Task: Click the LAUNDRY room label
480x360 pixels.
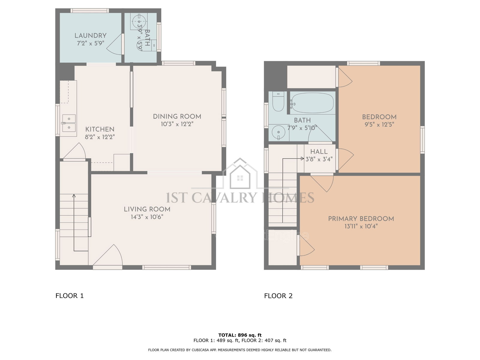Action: click(x=90, y=35)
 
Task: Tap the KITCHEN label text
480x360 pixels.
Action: click(x=100, y=129)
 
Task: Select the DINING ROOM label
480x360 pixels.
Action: click(x=177, y=116)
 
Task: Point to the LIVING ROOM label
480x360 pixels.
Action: click(x=147, y=209)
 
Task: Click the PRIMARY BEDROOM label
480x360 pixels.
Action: click(x=361, y=219)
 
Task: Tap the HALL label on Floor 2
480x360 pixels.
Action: click(x=319, y=151)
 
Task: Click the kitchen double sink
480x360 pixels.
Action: click(x=69, y=123)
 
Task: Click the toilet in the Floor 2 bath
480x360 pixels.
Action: click(x=278, y=101)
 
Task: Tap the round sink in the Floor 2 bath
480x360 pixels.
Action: click(x=279, y=133)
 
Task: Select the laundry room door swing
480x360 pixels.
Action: click(x=114, y=44)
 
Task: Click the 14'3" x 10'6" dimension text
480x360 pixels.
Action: click(x=147, y=217)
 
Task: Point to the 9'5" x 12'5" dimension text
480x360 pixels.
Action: click(x=379, y=124)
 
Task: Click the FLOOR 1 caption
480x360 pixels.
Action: click(x=70, y=296)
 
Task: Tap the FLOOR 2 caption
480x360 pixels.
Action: click(x=278, y=296)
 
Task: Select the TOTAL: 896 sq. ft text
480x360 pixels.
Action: click(x=240, y=335)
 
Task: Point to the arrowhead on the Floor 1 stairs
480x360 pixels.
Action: click(x=74, y=196)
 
